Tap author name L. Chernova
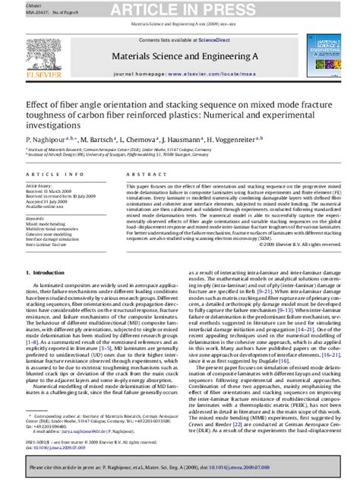coord(141,139)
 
